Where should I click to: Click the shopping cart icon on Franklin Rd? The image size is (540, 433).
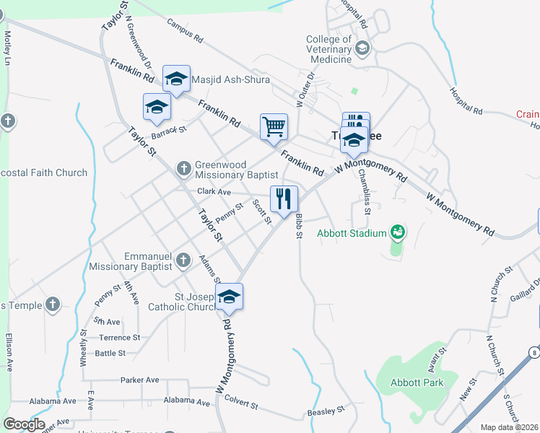(274, 127)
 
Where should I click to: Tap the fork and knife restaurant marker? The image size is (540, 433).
(284, 199)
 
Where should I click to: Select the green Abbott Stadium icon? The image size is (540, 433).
(397, 232)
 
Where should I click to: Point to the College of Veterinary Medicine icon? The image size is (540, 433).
(362, 48)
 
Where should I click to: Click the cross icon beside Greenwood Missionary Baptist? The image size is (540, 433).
(184, 169)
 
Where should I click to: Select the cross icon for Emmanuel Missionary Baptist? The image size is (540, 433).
(183, 260)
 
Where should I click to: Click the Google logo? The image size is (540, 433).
(24, 424)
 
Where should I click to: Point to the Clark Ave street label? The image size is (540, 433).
(214, 192)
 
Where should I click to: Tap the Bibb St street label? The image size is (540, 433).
(297, 226)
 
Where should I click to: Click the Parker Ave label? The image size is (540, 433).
(139, 380)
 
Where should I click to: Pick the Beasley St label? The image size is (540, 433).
(326, 411)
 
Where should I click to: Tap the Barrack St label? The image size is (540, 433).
(169, 133)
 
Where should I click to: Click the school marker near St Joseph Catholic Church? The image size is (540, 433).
(229, 297)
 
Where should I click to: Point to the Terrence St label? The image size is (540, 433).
(119, 337)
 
